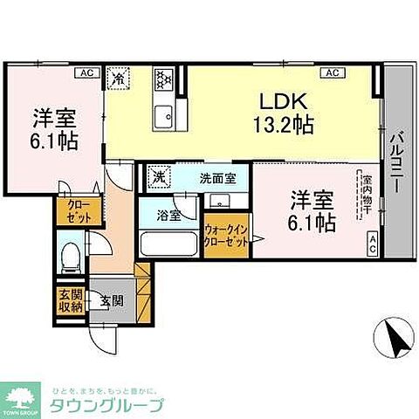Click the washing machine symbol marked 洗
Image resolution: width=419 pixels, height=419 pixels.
tap(160, 177)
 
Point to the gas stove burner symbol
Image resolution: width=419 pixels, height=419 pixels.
tap(164, 80)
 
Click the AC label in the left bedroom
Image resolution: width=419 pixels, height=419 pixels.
tap(86, 72)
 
